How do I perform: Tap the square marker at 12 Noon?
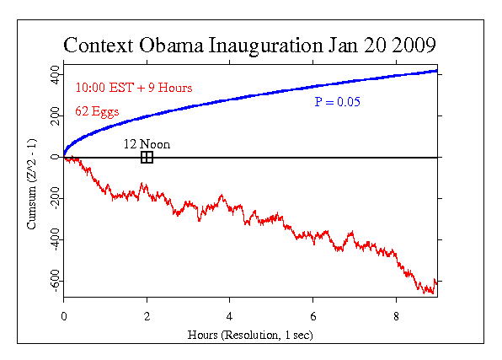pyautogui.click(x=147, y=157)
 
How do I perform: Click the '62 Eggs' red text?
pyautogui.click(x=98, y=110)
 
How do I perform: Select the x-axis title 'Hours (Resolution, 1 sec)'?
pyautogui.click(x=250, y=336)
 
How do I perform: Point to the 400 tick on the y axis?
pyautogui.click(x=53, y=76)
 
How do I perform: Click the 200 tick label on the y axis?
pyautogui.click(x=53, y=116)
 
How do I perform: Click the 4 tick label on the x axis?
pyautogui.click(x=229, y=316)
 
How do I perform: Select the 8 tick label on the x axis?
pyautogui.click(x=395, y=316)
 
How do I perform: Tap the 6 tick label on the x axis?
pyautogui.click(x=312, y=316)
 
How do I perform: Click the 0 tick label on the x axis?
pyautogui.click(x=64, y=316)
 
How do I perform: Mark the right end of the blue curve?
pyautogui.click(x=436, y=71)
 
